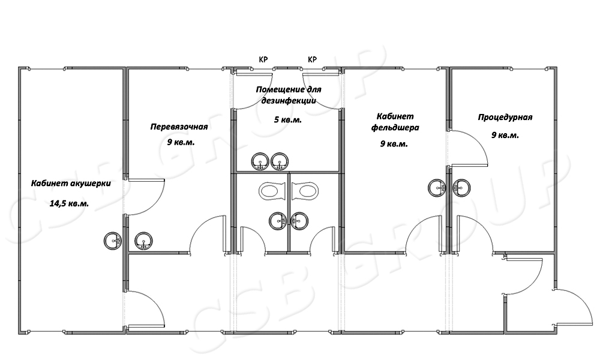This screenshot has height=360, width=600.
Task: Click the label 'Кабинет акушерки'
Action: coord(71,184)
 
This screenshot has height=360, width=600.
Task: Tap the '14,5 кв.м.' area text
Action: coord(69,203)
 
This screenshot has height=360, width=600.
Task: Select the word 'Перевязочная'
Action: coord(179,127)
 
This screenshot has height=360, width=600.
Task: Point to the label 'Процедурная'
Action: coord(505,118)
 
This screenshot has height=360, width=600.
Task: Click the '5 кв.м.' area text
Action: coord(288,120)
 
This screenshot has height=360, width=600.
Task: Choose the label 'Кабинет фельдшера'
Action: coord(395,122)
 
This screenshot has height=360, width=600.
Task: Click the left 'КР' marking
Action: coord(263,59)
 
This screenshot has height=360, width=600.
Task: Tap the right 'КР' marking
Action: coord(312,59)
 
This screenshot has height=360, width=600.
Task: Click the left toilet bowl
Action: coord(272,191)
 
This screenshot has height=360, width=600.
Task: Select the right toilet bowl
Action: coord(305,191)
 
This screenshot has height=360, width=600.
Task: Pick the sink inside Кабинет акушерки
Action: coord(113,241)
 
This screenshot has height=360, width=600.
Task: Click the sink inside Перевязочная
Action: coord(143,241)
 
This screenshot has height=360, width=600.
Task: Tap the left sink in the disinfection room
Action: coord(260,162)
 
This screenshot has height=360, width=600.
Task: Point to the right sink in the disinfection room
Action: coord(280,162)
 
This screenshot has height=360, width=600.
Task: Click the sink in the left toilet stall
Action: coord(278,221)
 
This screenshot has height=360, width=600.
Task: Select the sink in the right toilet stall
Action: coord(299,221)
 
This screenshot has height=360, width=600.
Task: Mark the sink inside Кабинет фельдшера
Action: coord(437,187)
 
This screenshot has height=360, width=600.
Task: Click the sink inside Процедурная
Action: coord(461,187)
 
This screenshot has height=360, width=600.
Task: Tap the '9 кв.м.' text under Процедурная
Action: coord(505,136)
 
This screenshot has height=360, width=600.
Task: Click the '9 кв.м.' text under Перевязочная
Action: coord(181,143)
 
